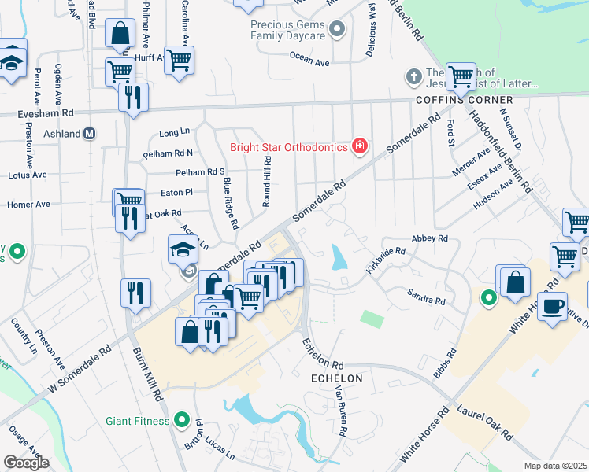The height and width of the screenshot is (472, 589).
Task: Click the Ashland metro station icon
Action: pyautogui.click(x=90, y=134)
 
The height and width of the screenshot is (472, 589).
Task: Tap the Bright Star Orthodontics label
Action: pyautogui.click(x=289, y=147)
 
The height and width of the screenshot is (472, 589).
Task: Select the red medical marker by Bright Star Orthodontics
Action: pyautogui.click(x=360, y=146)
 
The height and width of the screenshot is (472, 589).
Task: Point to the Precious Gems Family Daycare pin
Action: pyautogui.click(x=338, y=31)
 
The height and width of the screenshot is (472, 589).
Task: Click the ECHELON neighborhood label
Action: pyautogui.click(x=336, y=378)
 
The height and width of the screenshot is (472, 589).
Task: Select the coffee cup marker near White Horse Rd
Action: pyautogui.click(x=554, y=305)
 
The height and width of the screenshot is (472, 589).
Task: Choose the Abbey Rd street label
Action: pyautogui.click(x=429, y=238)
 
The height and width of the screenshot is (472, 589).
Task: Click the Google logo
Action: pyautogui.click(x=26, y=462)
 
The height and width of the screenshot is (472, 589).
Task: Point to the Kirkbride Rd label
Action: pyautogui.click(x=386, y=261)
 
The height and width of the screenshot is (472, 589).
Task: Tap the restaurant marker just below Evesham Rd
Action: pyautogui.click(x=132, y=98)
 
